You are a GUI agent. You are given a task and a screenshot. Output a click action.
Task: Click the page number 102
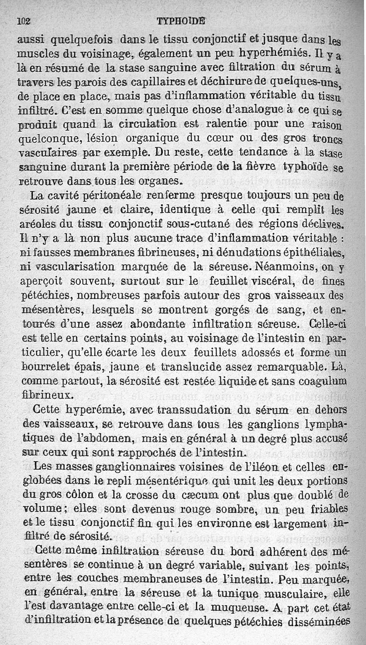coord(23,21)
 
